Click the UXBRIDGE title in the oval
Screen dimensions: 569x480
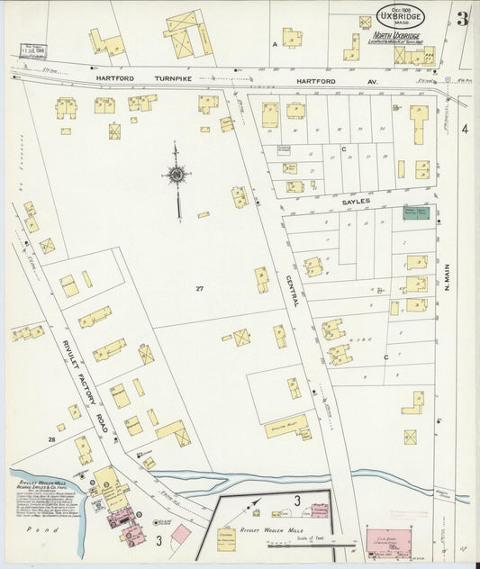(x=402, y=17)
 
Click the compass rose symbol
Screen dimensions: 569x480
(x=177, y=174)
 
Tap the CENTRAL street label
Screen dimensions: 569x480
(x=293, y=293)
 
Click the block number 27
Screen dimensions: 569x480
(x=200, y=288)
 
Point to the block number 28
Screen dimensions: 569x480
(x=52, y=439)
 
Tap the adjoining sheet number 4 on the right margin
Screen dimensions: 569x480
(x=465, y=130)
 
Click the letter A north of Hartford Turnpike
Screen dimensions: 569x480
(x=275, y=43)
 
